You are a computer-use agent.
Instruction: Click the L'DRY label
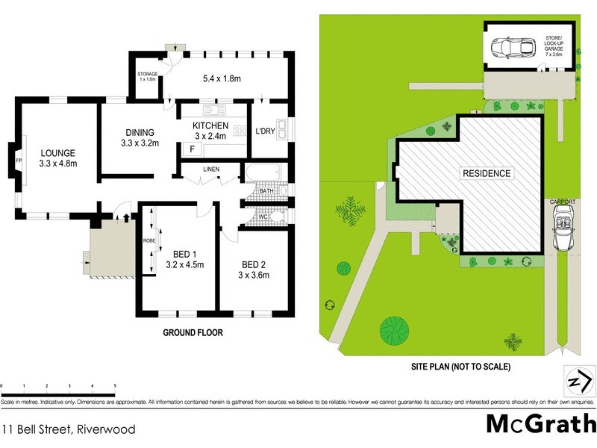tap(266, 131)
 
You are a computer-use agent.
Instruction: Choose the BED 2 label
tap(254, 264)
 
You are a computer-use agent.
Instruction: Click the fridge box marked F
tap(193, 149)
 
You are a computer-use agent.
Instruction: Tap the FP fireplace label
tap(19, 158)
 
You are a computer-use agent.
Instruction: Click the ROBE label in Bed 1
tap(149, 240)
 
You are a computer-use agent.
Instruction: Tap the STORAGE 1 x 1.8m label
tap(146, 76)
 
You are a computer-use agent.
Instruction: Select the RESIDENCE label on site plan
tap(487, 173)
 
